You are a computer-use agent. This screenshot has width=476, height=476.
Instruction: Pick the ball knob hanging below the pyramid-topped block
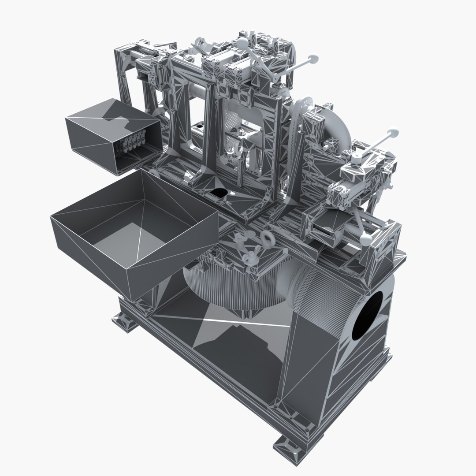[365, 239]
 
